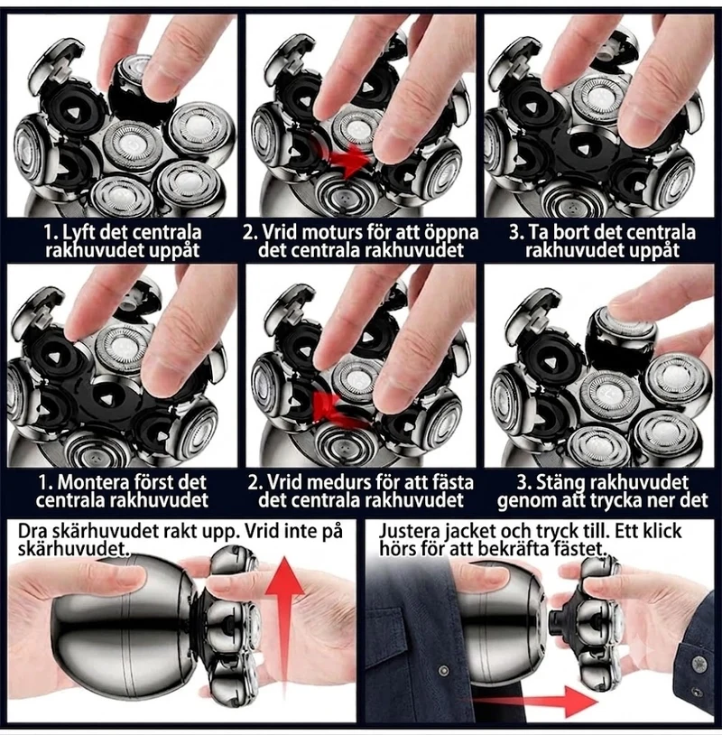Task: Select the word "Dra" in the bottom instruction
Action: point(33,531)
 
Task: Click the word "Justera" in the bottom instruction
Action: point(410,532)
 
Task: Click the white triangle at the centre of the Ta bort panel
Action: point(582,150)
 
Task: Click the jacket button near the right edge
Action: point(699,664)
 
